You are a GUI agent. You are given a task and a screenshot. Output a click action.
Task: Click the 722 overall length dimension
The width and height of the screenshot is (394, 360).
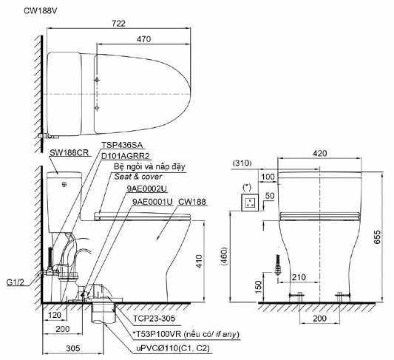point(118,24)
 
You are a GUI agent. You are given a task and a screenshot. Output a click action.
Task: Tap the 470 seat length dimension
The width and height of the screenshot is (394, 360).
point(143,39)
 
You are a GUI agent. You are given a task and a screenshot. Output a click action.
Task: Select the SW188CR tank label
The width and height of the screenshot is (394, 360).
point(69,153)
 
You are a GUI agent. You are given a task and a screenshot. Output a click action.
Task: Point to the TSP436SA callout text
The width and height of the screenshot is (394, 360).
point(122,145)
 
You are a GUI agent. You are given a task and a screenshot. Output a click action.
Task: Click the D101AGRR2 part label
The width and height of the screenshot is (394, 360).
point(126,156)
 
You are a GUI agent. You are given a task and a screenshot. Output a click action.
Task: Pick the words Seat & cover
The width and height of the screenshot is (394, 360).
point(138,177)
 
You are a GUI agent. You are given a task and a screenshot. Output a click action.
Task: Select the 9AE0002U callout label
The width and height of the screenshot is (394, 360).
point(147,189)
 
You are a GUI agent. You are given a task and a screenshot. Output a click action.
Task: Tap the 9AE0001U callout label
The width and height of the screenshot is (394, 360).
point(153,202)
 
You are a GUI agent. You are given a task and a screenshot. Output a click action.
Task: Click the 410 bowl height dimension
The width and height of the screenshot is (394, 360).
point(199,261)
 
